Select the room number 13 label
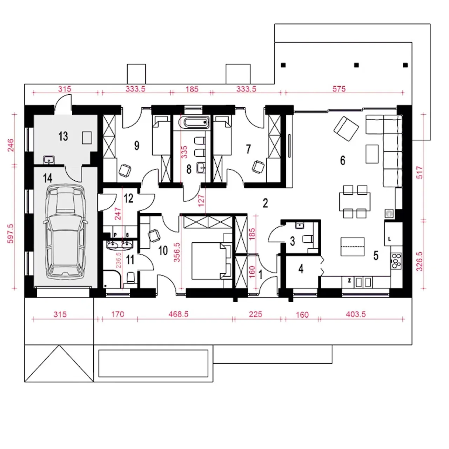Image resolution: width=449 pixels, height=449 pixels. pos(63,136)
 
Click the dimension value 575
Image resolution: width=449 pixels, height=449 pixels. pos(339,89)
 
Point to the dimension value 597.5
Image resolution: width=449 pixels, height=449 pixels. pos(11,234)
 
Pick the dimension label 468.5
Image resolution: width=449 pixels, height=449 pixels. pos(178,314)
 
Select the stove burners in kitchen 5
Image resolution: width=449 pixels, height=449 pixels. pos(396,261)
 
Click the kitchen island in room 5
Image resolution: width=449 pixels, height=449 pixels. pos(352,247)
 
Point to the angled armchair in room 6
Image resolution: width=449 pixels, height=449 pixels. pos(346,128)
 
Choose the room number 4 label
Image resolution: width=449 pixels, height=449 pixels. pos(301,269)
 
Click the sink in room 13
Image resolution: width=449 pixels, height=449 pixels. pos(49,160)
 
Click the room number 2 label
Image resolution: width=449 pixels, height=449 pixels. pos(265,203)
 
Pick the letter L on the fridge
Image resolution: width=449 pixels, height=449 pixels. pos(389,239)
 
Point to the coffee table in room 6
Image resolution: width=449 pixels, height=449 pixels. pos(372,154)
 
